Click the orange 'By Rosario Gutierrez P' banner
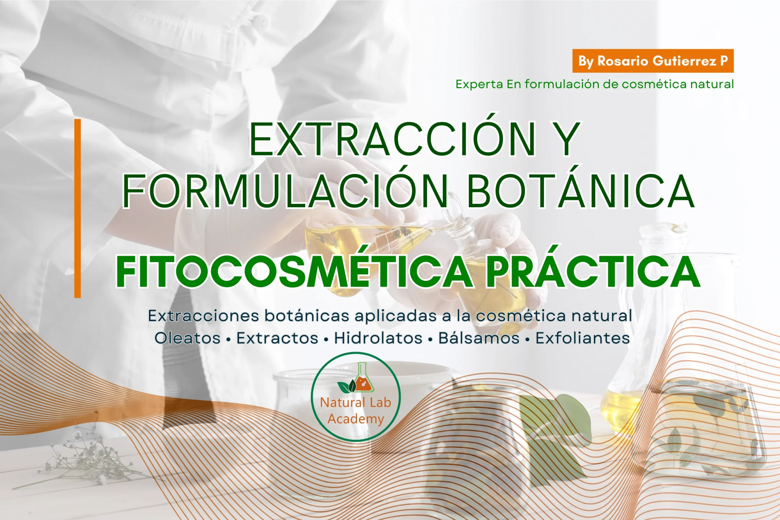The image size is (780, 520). coord(653,61)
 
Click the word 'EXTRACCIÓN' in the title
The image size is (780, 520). coord(392,139)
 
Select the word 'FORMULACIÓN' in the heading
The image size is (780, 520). coord(285,191)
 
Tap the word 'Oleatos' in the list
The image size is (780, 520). coord(187,338)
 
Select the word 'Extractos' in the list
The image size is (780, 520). coord(277,338)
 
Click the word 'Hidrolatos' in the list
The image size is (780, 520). coord(378,338)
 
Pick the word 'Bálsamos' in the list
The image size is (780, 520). coord(479,338)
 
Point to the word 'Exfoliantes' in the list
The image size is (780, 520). coord(583,338)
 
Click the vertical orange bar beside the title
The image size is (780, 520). coord(78,208)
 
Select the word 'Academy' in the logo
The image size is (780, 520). coord(356,419)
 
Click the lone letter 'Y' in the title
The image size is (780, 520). coord(568,139)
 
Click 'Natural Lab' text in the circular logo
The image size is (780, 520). coord(356,402)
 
